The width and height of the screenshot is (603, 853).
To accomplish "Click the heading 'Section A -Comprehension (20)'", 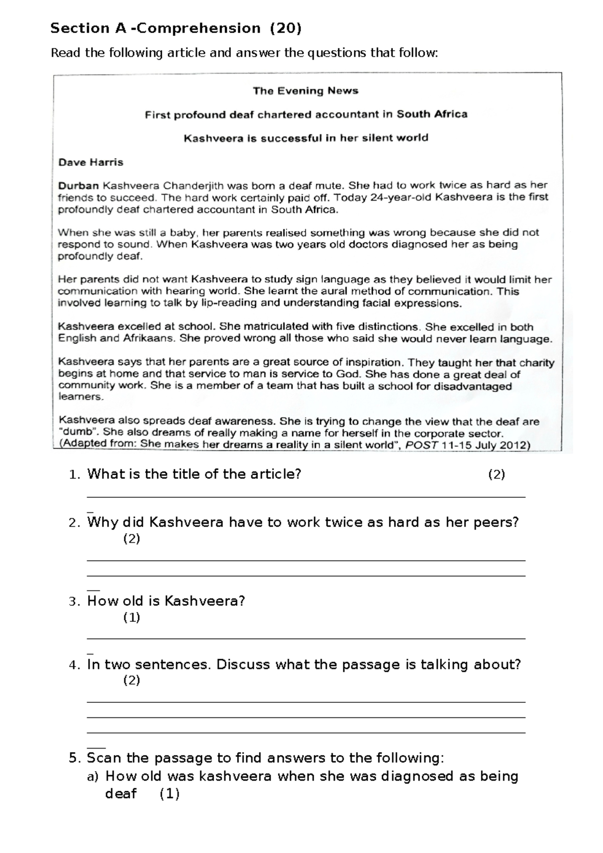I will pos(176,29).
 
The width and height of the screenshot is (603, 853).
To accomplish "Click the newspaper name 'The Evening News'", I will pos(306,91).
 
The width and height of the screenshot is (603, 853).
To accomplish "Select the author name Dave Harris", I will pos(90,162).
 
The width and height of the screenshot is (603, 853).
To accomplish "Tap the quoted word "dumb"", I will pos(76,433).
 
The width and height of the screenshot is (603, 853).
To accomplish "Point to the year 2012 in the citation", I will pos(513,445).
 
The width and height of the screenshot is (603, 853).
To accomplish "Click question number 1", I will pos(74,475).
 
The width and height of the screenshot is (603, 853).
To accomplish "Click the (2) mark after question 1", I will pos(496,475).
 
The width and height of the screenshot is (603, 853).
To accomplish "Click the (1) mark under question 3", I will pos(132,617).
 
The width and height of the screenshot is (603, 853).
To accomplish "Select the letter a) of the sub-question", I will pos(93,777).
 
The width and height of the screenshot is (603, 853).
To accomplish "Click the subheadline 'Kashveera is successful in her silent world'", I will pos(306,138).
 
